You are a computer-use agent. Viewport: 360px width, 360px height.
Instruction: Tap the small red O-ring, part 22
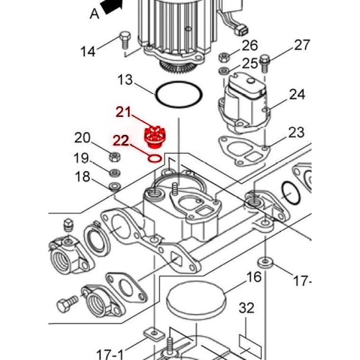point(154,157)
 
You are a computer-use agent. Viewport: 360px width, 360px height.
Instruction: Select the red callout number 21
point(123,112)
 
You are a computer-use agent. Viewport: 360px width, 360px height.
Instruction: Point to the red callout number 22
point(120,141)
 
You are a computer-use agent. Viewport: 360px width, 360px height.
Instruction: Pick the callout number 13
point(125,79)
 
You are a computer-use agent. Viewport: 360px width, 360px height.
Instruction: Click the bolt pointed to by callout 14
point(125,39)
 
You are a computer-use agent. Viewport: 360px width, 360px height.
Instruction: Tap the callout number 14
point(88,51)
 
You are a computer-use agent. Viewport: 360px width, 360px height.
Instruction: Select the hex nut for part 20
point(114,156)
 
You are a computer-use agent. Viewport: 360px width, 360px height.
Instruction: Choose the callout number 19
point(81,158)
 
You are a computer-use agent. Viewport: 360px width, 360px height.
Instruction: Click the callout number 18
point(83,177)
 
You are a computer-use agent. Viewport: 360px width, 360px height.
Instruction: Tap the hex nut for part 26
point(223,58)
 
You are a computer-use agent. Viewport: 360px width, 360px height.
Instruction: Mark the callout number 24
point(297,94)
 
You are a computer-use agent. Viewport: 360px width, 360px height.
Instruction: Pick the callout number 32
point(246,308)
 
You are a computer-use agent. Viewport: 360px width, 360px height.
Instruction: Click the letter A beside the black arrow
point(95,14)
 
